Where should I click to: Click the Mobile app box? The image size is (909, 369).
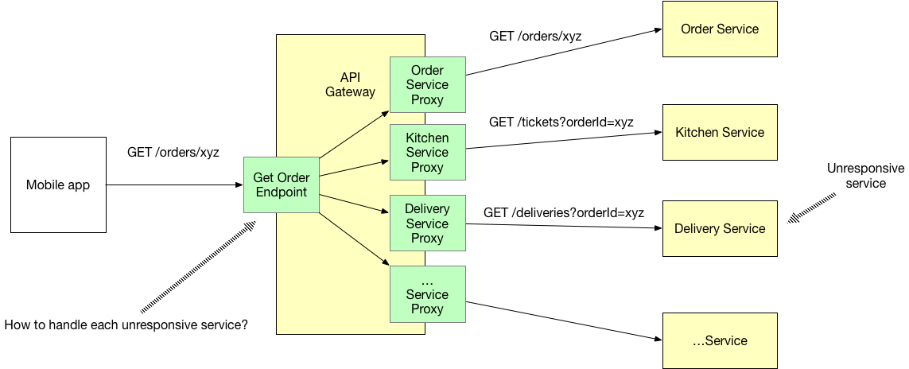(58, 185)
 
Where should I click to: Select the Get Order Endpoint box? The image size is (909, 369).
(282, 184)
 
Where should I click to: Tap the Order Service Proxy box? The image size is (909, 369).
(427, 85)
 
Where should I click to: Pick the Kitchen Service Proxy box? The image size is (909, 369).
(427, 153)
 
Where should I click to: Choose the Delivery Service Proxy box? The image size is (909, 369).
(427, 223)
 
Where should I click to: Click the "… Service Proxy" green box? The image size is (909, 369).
(427, 294)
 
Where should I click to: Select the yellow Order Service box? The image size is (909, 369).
(720, 29)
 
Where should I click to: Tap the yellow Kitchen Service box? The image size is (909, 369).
(720, 133)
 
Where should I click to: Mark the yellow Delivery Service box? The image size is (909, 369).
(720, 229)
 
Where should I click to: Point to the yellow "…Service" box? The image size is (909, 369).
(720, 341)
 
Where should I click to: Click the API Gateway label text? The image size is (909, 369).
(350, 84)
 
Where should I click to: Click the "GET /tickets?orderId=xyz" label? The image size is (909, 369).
(561, 122)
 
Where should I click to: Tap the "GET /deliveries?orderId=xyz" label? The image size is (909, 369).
(563, 213)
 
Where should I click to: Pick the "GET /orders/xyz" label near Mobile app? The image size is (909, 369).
(173, 152)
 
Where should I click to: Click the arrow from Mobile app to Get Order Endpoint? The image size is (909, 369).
(175, 185)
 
